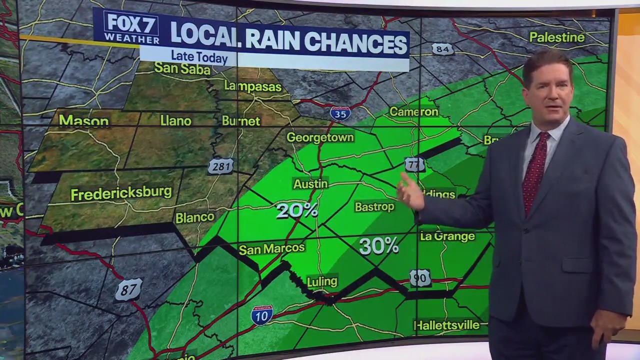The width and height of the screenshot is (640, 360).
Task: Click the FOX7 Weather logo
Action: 131,28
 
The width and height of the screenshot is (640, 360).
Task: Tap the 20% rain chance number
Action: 297,210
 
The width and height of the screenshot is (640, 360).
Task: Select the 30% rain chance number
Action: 378,245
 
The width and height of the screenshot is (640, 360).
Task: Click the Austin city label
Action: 310,184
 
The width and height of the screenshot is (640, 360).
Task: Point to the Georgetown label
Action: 320,137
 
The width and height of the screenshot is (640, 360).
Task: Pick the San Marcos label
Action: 271,248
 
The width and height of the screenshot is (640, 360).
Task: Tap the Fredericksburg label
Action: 121,193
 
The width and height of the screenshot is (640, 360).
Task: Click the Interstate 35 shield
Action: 340,113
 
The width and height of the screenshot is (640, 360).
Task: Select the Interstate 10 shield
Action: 262,315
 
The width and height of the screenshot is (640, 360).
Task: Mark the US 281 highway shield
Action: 220,166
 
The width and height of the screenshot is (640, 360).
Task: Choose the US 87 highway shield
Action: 128,289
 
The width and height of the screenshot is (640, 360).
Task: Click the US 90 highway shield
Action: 420,278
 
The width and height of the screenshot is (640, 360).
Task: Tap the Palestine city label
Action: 556,37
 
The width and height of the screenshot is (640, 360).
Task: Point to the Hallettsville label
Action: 446,325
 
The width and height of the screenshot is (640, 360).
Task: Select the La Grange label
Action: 447,236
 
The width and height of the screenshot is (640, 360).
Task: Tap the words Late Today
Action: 199,57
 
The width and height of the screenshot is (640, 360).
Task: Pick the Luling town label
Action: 322,281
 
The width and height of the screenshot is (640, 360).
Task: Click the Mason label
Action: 83,120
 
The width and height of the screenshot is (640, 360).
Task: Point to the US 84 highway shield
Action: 442,48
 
